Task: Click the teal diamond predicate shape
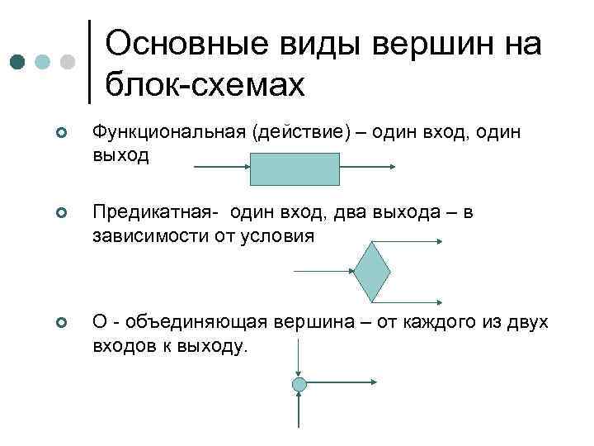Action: [x=373, y=272]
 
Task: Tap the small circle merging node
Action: [x=299, y=384]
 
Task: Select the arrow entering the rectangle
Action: [x=221, y=168]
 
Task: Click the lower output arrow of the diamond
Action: [x=417, y=301]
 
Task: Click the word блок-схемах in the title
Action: [x=205, y=83]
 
